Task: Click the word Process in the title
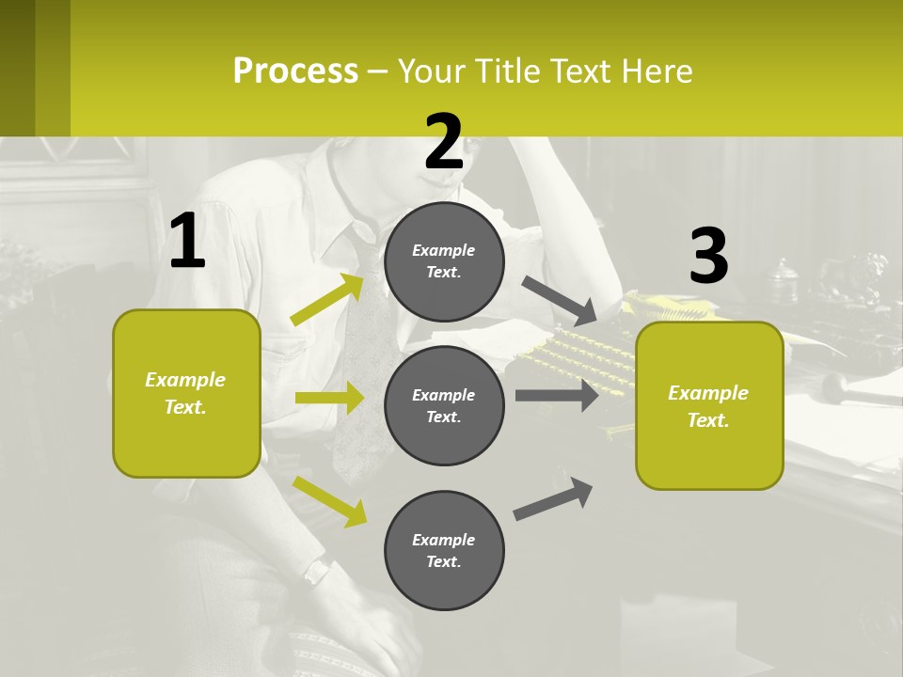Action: (295, 71)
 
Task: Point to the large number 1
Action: (187, 242)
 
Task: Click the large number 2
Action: (444, 142)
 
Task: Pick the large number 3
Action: (708, 256)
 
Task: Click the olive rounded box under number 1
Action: (186, 393)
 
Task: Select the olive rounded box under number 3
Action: (709, 406)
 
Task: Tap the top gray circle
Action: (444, 261)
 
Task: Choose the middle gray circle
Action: (444, 405)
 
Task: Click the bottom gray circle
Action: (444, 550)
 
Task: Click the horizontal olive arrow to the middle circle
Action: (329, 398)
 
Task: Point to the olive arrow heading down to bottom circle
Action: (330, 500)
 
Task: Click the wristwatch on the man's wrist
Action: (316, 570)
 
